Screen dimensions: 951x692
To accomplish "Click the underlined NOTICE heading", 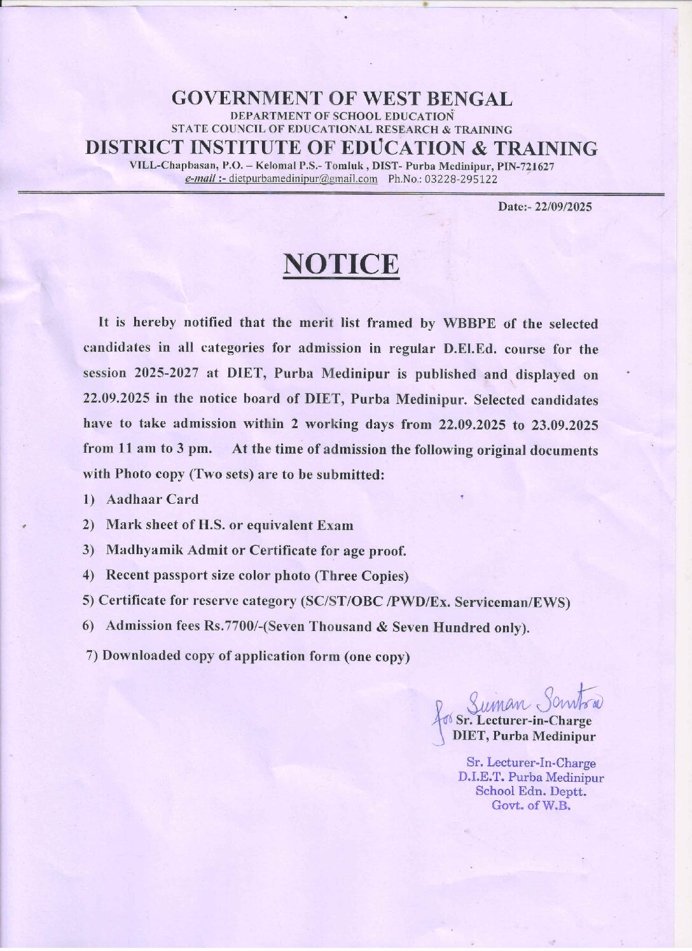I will point(341,264).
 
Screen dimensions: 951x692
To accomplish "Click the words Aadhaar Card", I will point(153,499).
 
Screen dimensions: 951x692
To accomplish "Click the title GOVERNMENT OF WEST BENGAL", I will point(342,99).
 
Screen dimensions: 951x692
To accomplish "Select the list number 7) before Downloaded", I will point(92,655).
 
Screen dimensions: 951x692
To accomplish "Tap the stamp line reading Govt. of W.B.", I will point(531,805).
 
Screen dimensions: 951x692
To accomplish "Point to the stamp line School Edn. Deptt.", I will point(531,791).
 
